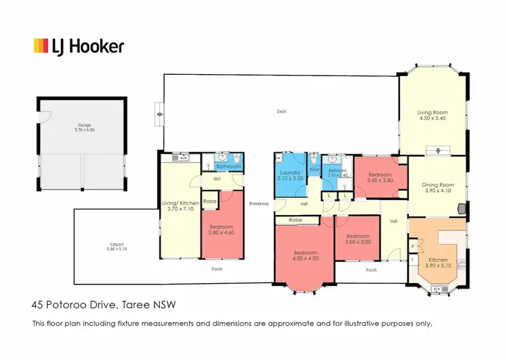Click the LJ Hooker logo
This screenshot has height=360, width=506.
[x=79, y=46]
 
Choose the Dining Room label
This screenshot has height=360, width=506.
[x=438, y=185]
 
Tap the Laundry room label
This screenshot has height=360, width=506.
[x=290, y=173]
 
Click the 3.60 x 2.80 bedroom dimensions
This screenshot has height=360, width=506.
[x=381, y=181]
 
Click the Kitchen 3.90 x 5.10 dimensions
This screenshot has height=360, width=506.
[x=438, y=266]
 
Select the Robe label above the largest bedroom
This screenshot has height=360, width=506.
[x=295, y=220]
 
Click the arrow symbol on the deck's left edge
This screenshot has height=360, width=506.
[x=159, y=115]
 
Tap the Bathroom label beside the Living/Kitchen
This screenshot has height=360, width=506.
[x=229, y=167]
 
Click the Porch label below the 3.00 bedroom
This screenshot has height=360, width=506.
[x=371, y=270]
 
